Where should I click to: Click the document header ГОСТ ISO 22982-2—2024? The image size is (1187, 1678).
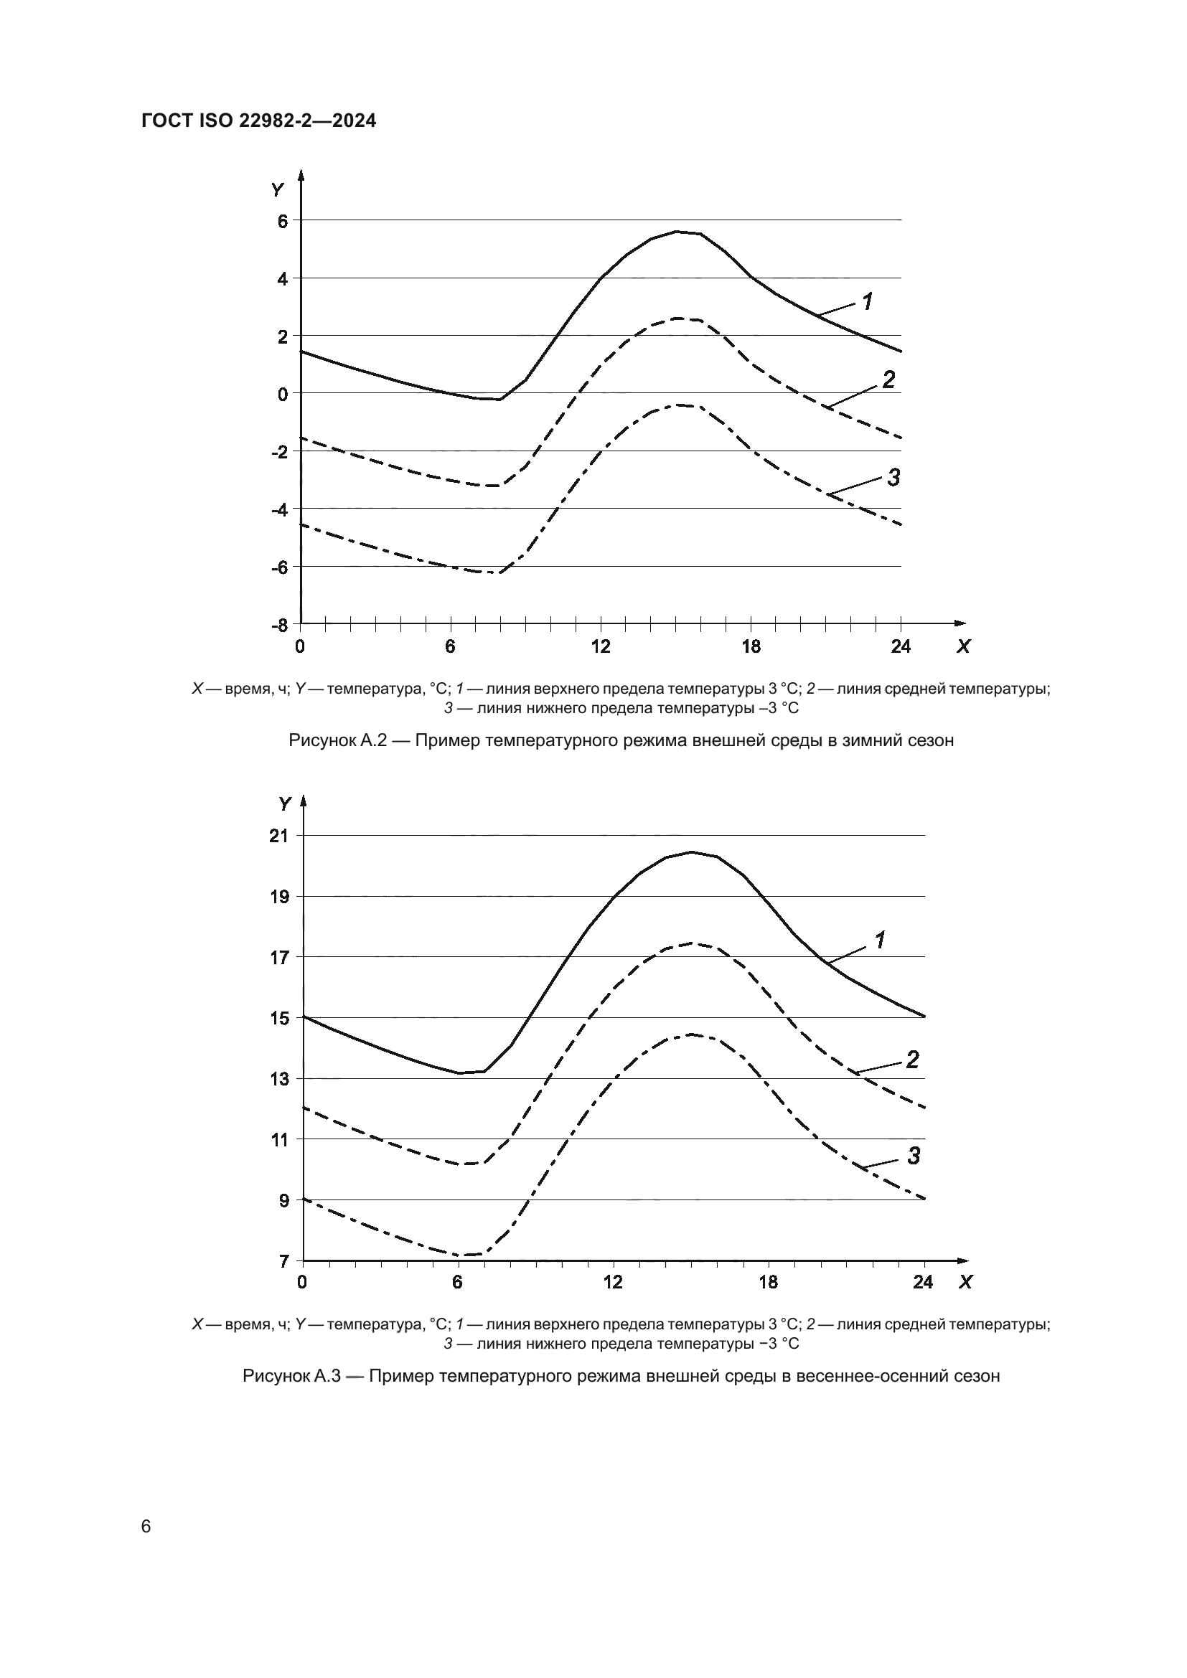259,121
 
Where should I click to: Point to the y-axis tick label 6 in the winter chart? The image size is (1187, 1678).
282,220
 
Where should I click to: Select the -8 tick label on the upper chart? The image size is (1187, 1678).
279,626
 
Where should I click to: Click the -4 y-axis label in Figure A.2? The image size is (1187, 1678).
279,509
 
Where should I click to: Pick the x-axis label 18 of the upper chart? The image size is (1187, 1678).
751,647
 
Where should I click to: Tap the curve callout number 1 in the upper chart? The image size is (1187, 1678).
868,301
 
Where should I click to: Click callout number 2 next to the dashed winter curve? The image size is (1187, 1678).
888,380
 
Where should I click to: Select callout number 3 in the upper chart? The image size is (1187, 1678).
893,478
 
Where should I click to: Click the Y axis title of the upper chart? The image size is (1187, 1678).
277,190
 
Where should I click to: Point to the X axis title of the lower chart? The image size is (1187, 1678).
965,1282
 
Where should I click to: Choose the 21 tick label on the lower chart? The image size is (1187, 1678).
279,836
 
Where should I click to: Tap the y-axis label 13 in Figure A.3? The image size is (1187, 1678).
279,1080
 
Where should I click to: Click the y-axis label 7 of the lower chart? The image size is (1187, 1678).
283,1261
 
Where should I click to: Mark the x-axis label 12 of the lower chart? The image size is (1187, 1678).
612,1282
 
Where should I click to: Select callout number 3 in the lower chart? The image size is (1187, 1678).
914,1156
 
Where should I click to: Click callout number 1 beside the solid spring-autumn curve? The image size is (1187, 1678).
881,941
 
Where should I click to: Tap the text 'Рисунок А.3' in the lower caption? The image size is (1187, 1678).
291,1376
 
